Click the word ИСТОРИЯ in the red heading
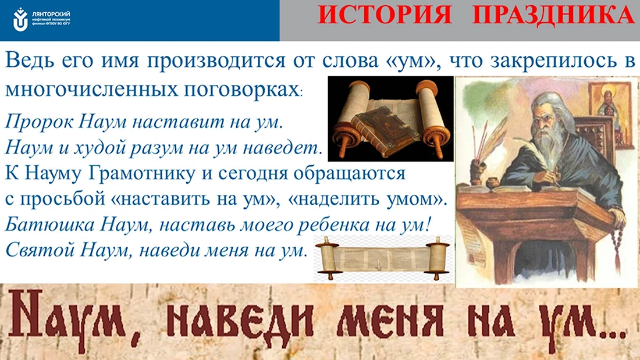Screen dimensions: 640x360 click(x=385, y=15)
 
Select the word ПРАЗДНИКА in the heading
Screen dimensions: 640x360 click(x=553, y=16)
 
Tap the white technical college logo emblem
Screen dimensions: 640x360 click(x=20, y=19)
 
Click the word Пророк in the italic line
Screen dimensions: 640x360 click(x=39, y=122)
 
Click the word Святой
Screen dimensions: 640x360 click(x=39, y=249)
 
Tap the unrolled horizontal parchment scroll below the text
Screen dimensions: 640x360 click(x=382, y=259)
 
